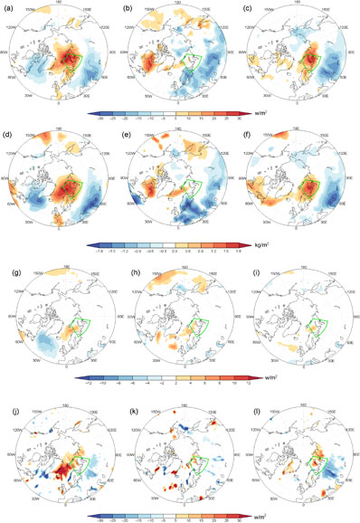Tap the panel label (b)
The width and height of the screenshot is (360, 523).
[128, 8]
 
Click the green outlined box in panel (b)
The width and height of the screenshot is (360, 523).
[191, 60]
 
